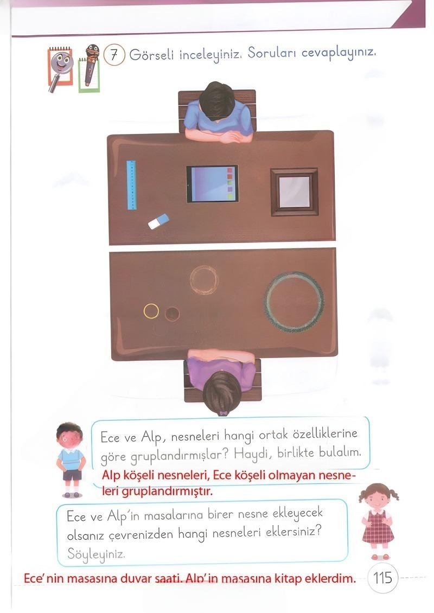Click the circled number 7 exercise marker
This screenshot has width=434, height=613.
(x=114, y=56)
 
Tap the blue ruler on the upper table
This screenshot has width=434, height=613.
(x=131, y=185)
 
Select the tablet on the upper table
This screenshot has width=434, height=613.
(x=212, y=184)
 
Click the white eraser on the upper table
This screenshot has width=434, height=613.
(x=158, y=221)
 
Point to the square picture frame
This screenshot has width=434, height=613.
(x=294, y=192)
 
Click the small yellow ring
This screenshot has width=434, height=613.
(x=151, y=311)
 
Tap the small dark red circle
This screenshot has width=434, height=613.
(x=172, y=314)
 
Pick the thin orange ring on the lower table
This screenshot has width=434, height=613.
(x=205, y=280)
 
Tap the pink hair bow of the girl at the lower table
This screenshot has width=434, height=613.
(x=222, y=413)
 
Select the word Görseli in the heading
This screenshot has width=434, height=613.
(x=151, y=56)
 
